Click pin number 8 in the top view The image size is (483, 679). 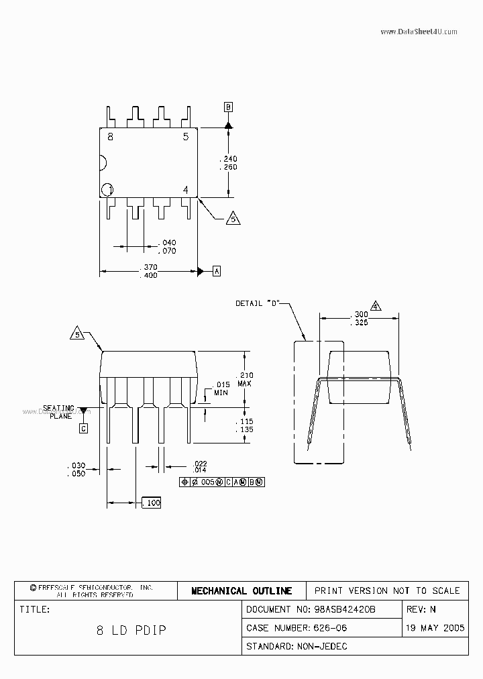[x=110, y=137]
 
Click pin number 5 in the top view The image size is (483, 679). [x=186, y=137]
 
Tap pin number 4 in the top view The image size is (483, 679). [x=186, y=189]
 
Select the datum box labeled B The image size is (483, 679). [x=228, y=107]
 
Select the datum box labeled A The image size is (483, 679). [x=216, y=271]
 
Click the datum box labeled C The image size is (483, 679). [x=83, y=428]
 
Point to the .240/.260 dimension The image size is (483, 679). [x=228, y=162]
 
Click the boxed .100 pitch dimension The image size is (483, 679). [x=151, y=503]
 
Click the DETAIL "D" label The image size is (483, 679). [x=257, y=303]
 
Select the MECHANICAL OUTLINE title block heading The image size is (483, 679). [x=241, y=591]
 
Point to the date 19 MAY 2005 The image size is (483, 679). [x=435, y=628]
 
